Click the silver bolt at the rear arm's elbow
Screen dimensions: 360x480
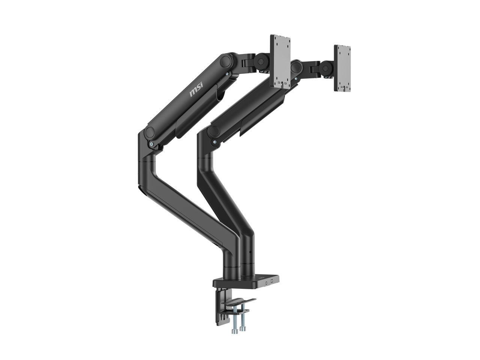214,142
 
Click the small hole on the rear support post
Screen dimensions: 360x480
246,249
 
